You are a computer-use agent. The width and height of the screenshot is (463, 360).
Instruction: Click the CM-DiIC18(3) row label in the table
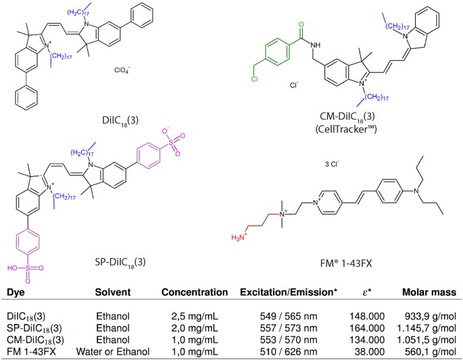pyautogui.click(x=35, y=336)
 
